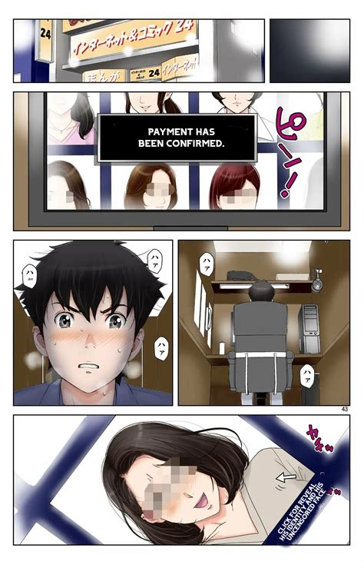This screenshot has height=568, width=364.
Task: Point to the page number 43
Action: (x=342, y=408)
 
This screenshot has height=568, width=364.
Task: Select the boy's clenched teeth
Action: (x=90, y=366)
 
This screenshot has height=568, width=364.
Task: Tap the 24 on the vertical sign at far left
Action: (x=45, y=35)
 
